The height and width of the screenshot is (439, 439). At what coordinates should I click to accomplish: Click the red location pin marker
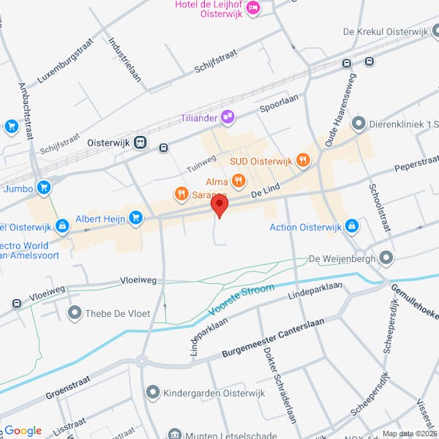pyautogui.click(x=219, y=206)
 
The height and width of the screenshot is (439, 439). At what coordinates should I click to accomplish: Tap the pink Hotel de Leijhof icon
pyautogui.click(x=253, y=8)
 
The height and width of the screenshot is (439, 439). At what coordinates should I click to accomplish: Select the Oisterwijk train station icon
pyautogui.click(x=139, y=143)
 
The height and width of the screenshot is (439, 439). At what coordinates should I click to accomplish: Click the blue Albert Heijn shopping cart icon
pyautogui.click(x=135, y=217)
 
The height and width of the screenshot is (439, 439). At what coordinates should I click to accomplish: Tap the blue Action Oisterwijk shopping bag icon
pyautogui.click(x=352, y=227)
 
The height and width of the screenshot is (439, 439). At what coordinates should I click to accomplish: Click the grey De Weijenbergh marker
pyautogui.click(x=387, y=258)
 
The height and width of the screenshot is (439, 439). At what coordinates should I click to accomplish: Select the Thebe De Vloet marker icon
pyautogui.click(x=74, y=314)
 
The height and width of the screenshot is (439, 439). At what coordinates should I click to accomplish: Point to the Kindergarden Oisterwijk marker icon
pyautogui.click(x=152, y=393)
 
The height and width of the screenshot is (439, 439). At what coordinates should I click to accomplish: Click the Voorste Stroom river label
pyautogui.click(x=241, y=301)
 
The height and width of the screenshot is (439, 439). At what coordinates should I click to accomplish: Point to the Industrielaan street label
pyautogui.click(x=124, y=59)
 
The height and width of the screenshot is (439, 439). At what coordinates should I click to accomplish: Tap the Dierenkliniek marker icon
pyautogui.click(x=359, y=124)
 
